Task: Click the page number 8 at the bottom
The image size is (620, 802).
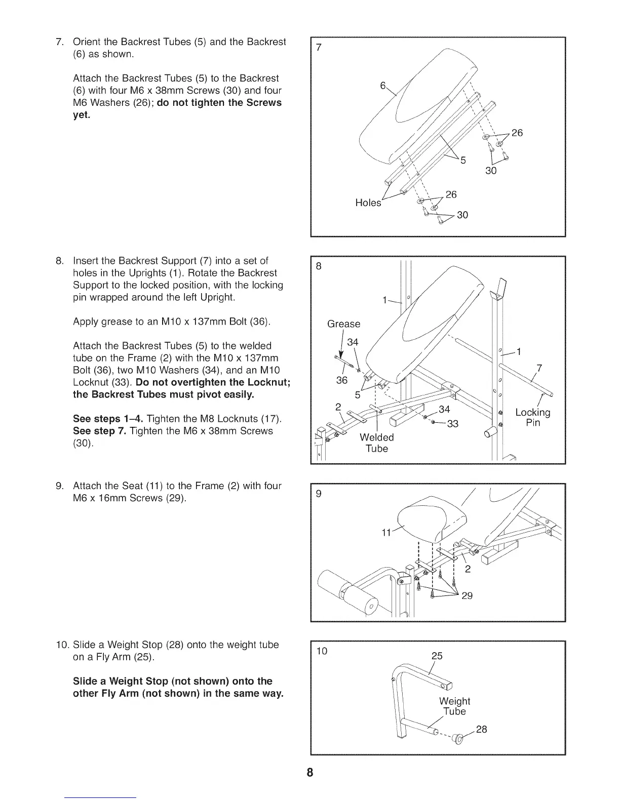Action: pyautogui.click(x=309, y=773)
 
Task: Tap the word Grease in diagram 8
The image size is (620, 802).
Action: pyautogui.click(x=344, y=324)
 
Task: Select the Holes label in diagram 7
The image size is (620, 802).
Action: pyautogui.click(x=368, y=203)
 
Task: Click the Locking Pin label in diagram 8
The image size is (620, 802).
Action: pyautogui.click(x=532, y=418)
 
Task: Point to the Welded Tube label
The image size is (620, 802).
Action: pyautogui.click(x=376, y=443)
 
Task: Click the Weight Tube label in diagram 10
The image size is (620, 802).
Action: pyautogui.click(x=454, y=706)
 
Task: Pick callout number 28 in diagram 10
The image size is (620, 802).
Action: pyautogui.click(x=482, y=730)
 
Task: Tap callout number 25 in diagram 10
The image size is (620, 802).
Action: pyautogui.click(x=437, y=656)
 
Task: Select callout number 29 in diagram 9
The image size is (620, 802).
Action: pyautogui.click(x=467, y=595)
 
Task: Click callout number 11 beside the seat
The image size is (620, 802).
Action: pyautogui.click(x=386, y=533)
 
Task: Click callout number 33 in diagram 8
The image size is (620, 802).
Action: pyautogui.click(x=452, y=424)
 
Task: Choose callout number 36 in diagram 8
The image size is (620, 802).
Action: pyautogui.click(x=342, y=380)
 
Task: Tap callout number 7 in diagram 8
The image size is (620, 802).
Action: pyautogui.click(x=539, y=368)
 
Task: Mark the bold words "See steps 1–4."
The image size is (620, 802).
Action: pyautogui.click(x=108, y=419)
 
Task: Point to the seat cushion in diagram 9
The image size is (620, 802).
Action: pyautogui.click(x=423, y=516)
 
